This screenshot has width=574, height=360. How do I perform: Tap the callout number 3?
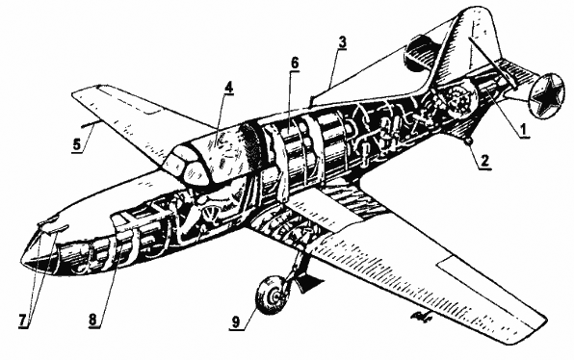pos(342,44)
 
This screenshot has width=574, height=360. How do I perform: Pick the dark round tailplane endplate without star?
pos(420,48)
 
